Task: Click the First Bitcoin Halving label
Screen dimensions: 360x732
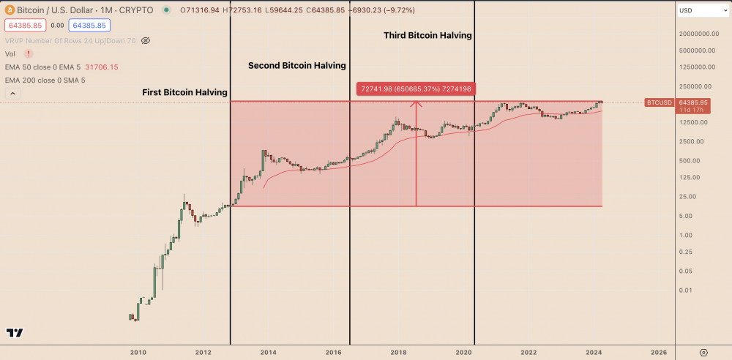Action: click(x=184, y=93)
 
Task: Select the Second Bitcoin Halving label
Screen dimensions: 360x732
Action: click(x=296, y=66)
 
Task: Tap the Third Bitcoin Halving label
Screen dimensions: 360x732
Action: click(x=428, y=35)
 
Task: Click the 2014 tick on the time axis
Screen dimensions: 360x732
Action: click(x=268, y=353)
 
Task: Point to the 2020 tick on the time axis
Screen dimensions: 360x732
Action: click(x=463, y=353)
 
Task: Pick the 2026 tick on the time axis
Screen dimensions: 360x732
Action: click(x=659, y=353)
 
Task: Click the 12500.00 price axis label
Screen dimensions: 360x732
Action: click(x=692, y=121)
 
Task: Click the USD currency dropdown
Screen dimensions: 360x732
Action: click(x=699, y=11)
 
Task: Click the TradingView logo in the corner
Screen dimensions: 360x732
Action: click(x=15, y=333)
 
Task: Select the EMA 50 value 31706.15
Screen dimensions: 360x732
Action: click(x=102, y=67)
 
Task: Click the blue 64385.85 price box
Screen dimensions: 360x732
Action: click(x=89, y=26)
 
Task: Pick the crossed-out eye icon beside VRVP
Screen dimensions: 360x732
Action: click(x=146, y=40)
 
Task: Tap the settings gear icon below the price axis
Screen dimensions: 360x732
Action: click(x=703, y=353)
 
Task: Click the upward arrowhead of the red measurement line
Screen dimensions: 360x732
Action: click(x=416, y=103)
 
